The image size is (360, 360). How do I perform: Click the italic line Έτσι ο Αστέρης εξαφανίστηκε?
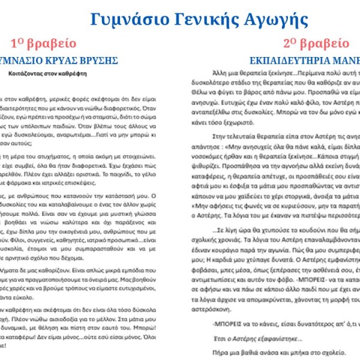[251, 340]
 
